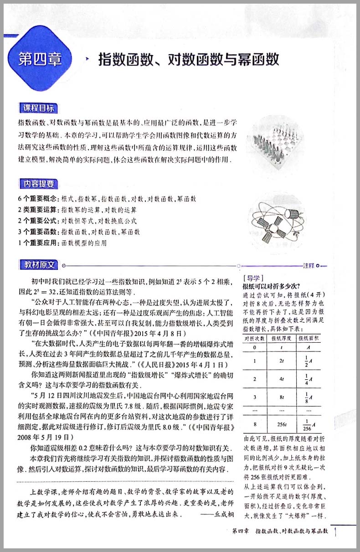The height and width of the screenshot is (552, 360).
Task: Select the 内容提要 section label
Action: (x=39, y=184)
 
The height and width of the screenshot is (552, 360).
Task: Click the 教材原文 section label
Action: (x=39, y=264)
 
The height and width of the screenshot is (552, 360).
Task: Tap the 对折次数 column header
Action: (x=255, y=338)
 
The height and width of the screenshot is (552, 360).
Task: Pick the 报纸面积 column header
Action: (x=309, y=338)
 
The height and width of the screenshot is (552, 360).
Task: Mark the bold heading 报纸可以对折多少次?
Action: (x=271, y=287)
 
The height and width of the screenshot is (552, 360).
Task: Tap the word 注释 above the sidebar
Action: (x=309, y=265)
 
